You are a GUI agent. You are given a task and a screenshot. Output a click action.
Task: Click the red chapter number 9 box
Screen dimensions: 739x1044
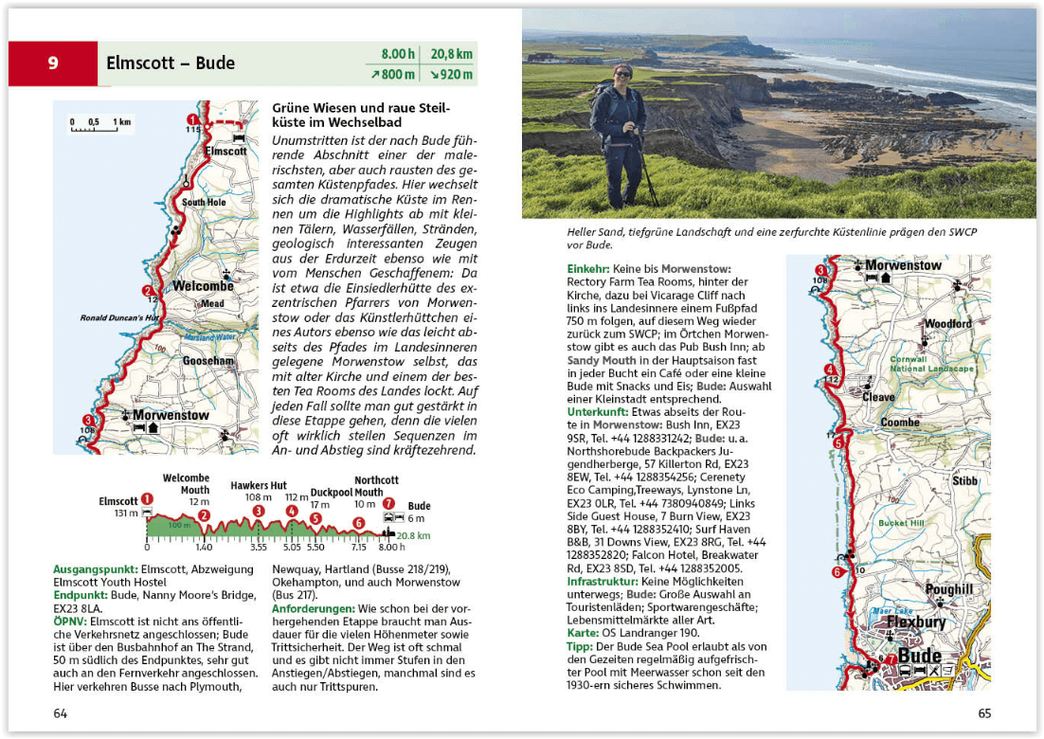click(53, 64)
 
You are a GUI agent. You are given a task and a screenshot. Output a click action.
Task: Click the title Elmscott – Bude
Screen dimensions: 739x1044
click(171, 64)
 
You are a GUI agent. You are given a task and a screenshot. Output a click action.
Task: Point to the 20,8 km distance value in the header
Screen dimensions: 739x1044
click(452, 54)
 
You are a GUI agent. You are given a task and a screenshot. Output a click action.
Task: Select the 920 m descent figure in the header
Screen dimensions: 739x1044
click(452, 75)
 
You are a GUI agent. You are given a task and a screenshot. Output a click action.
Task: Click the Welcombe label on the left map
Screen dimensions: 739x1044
click(203, 286)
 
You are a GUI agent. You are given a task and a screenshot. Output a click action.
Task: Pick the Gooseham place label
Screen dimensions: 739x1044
click(207, 361)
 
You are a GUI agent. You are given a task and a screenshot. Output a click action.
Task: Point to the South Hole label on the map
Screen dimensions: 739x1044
click(204, 202)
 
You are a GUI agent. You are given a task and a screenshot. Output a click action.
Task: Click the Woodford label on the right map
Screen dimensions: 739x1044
click(948, 324)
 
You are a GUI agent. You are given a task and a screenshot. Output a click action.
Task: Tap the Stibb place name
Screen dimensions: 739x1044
click(964, 480)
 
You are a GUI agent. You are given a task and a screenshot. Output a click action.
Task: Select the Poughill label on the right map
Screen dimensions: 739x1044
click(948, 589)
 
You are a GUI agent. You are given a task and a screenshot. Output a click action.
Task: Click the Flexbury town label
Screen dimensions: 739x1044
click(916, 622)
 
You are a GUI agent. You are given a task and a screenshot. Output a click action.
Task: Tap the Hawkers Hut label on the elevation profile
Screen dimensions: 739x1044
click(258, 486)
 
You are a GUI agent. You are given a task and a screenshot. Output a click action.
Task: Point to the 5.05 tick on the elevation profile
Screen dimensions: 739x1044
click(292, 548)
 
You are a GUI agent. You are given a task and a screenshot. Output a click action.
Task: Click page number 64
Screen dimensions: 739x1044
click(61, 712)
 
